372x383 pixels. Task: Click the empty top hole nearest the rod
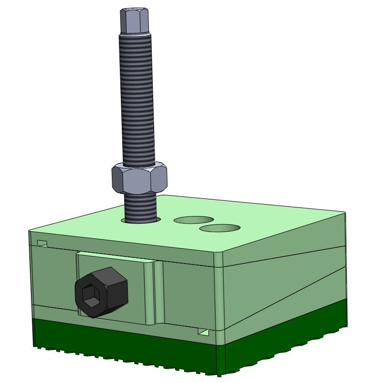[x=193, y=220]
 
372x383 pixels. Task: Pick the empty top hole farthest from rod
[x=219, y=228]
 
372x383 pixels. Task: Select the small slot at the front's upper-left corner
[x=42, y=244]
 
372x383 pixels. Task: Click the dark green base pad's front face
[x=124, y=346]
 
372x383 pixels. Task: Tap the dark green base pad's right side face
[x=285, y=343]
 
